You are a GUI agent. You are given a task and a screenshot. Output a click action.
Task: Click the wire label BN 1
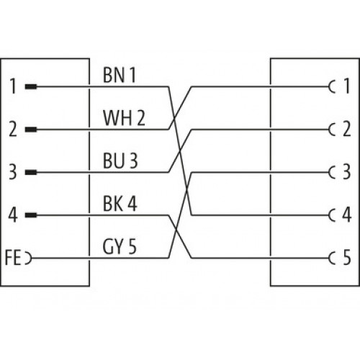coord(120,75)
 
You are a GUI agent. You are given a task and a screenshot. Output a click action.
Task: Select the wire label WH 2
coord(124,118)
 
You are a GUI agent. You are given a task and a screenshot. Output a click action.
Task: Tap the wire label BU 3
coord(120,161)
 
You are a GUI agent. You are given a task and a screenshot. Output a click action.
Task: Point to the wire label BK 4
coord(120,204)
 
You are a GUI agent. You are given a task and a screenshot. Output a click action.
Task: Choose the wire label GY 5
coord(120,246)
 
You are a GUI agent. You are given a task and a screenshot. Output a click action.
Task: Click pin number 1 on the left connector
coord(13,86)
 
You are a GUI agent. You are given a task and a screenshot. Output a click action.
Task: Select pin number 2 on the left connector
coord(13,130)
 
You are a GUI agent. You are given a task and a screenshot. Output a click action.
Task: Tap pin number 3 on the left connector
coord(13,172)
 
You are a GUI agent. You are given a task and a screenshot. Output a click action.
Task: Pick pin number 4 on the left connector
coord(13,215)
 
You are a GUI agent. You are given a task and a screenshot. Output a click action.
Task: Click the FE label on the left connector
coord(13,258)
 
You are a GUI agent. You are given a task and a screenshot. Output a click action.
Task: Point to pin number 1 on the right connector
coord(346,86)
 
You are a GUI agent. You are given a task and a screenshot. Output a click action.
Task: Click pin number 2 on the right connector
coord(346,129)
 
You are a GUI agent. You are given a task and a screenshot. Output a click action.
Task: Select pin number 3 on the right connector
coord(346,171)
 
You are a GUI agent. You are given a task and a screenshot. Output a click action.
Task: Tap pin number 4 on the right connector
coord(346,215)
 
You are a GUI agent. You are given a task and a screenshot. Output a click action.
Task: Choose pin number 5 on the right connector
coord(347,258)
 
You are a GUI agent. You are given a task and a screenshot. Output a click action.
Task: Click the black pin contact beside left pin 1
coord(31,86)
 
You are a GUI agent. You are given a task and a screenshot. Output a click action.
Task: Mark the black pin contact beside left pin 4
coord(31,215)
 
